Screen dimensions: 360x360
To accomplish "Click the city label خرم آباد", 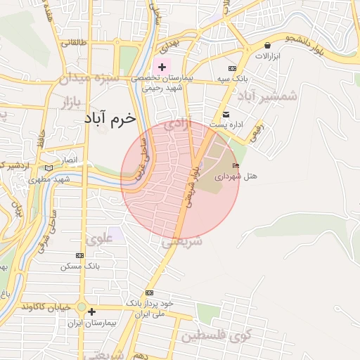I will coord(109,118).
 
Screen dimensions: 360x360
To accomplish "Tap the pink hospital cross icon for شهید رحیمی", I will coord(162,67).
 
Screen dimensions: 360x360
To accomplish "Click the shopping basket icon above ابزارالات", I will coord(266,44).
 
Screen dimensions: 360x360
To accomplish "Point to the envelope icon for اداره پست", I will coord(226,115).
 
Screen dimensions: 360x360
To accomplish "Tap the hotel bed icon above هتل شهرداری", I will coord(236,166).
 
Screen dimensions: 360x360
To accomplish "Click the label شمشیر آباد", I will coord(267,95).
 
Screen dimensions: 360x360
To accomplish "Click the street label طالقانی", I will coord(75,42).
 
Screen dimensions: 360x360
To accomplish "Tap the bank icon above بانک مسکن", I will coord(79,255).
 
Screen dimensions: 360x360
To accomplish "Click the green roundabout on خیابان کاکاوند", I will coord(82,307).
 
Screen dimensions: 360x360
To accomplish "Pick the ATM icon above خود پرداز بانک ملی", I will coord(149,292).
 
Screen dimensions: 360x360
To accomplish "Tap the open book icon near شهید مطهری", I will coord(48,168).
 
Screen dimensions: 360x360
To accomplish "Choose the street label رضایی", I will coord(258,129).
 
